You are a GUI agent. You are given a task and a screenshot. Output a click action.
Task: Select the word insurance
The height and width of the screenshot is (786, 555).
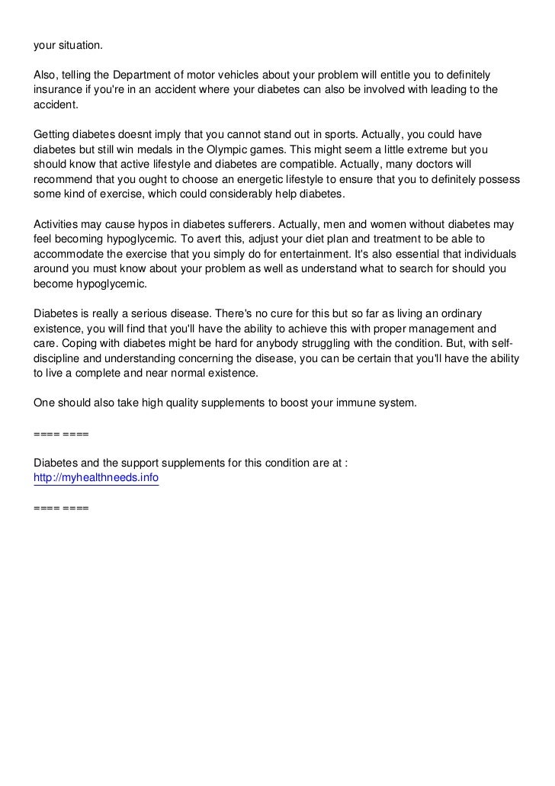(x=59, y=90)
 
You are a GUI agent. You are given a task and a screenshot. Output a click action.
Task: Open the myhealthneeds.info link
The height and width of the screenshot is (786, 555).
(x=97, y=477)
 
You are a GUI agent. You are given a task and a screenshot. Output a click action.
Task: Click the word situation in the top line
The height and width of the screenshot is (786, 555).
(x=79, y=46)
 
